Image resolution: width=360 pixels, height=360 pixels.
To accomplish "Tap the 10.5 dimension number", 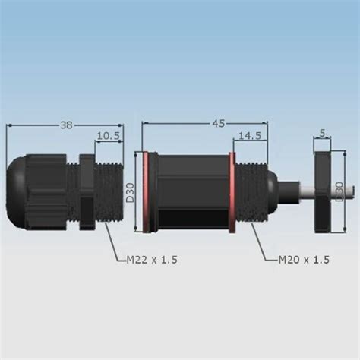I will pyautogui.click(x=109, y=137).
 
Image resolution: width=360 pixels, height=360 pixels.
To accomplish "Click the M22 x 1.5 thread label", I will pyautogui.click(x=152, y=260).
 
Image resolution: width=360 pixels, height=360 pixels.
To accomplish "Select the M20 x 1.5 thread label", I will pyautogui.click(x=304, y=260).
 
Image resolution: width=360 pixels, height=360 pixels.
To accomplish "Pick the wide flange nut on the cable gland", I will pyautogui.click(x=85, y=191).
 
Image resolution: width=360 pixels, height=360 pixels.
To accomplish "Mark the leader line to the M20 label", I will pyautogui.click(x=263, y=245).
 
